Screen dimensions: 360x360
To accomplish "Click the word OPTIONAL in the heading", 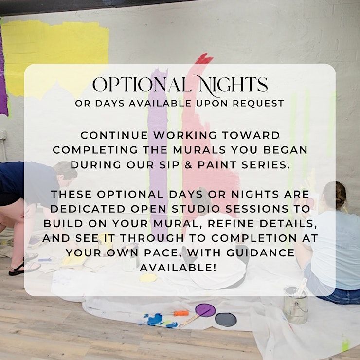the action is click(142, 85).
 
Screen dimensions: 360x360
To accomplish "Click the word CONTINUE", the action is click(114, 135).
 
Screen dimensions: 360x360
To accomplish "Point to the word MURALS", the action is click(199, 150).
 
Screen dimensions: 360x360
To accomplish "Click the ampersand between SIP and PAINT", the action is click(188, 165).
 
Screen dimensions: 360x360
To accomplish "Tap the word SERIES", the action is click(266, 165).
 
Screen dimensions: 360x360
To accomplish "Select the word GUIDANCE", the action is click(260, 253).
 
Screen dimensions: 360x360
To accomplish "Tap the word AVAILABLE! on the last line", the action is click(179, 268).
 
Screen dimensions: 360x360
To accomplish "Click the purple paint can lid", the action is click(205, 310).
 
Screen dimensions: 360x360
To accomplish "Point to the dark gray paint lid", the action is click(226, 320).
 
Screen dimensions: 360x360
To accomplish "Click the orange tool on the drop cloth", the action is click(181, 313).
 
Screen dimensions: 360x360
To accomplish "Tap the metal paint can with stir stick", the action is click(296, 304).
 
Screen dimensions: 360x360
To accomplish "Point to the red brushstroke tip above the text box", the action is click(204, 58).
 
